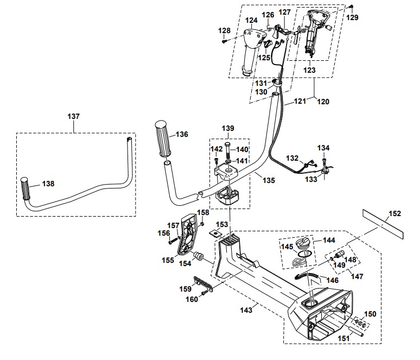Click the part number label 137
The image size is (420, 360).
point(73,116)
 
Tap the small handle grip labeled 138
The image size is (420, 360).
point(26,188)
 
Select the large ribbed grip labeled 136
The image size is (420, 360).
point(162,139)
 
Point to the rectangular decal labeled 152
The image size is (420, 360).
point(383,224)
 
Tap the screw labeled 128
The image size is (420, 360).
point(224,42)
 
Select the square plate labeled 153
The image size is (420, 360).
point(214,233)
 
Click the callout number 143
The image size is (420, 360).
point(246,310)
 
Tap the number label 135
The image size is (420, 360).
point(269,180)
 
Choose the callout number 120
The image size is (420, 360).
point(323,102)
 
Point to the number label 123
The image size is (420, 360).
point(309,70)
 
